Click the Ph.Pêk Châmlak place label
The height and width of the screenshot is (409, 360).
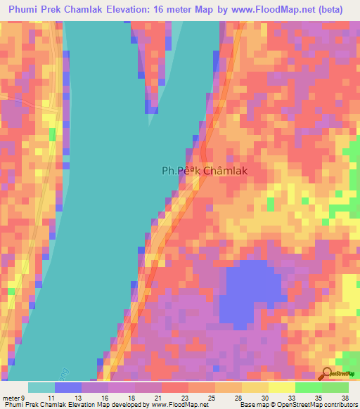205,170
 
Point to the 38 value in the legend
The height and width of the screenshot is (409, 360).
345,398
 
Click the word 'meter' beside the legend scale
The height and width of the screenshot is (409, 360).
11,398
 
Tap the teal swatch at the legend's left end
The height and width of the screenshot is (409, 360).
41,387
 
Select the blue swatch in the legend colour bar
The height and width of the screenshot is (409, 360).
68,387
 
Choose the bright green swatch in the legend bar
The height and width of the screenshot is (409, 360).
308,387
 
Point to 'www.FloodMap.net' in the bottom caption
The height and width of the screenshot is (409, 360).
177,405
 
